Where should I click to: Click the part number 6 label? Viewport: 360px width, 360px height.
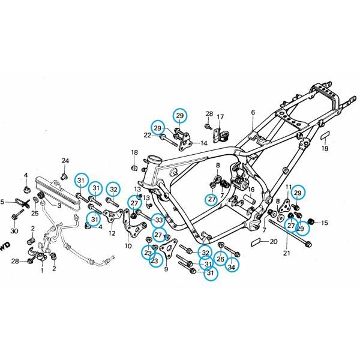(x=253, y=112)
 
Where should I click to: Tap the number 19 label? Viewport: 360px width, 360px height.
(x=325, y=149)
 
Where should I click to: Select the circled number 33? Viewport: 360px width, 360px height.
(x=159, y=220)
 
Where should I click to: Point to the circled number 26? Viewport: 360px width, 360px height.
(x=220, y=259)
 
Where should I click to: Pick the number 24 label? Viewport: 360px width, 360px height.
(x=65, y=161)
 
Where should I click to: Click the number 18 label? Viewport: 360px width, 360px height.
(x=134, y=152)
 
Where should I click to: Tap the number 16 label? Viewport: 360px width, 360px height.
(x=251, y=190)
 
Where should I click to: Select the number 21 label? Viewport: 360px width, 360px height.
(x=287, y=253)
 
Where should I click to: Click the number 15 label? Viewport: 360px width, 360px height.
(x=325, y=223)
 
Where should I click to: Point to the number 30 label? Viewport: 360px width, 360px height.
(x=14, y=231)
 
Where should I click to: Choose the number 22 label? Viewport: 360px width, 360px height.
(x=148, y=136)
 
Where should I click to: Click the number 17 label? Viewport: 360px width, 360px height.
(x=220, y=117)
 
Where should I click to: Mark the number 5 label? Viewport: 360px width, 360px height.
(x=2, y=202)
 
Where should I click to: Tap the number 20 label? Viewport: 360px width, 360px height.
(x=274, y=242)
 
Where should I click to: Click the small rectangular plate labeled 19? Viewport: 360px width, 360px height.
(x=325, y=135)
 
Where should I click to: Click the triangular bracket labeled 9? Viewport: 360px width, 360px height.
(x=168, y=248)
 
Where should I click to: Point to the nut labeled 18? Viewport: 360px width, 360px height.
(x=134, y=168)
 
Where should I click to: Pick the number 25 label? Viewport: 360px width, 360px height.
(x=35, y=213)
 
